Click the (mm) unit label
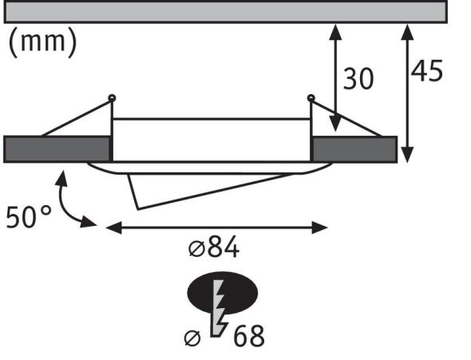click(x=43, y=43)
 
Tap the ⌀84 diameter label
click(x=213, y=248)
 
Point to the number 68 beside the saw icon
click(x=248, y=336)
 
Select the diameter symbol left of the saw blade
click(x=192, y=338)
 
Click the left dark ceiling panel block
click(x=57, y=149)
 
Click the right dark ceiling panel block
click(x=354, y=149)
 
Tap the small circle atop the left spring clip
click(x=112, y=98)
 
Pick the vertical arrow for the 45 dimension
click(x=408, y=92)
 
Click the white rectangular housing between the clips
click(x=211, y=140)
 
